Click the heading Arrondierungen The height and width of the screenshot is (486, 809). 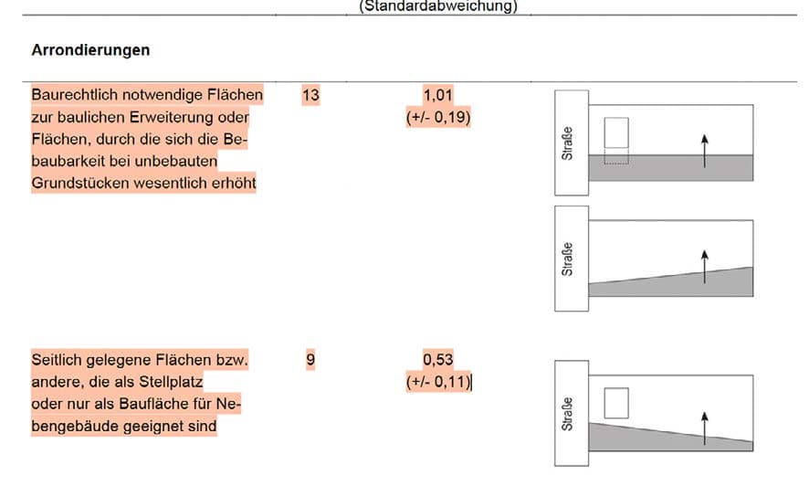[90, 50]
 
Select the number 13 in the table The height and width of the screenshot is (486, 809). [310, 95]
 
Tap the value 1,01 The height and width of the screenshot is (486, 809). [438, 95]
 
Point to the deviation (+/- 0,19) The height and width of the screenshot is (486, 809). [438, 117]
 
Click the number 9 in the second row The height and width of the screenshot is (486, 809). [310, 359]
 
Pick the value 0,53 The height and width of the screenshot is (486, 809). [438, 359]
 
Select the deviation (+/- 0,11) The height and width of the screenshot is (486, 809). [438, 381]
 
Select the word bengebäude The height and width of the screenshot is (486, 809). [77, 426]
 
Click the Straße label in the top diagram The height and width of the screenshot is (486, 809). [568, 143]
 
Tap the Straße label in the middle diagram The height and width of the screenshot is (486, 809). [568, 259]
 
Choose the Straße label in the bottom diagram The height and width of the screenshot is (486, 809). [568, 414]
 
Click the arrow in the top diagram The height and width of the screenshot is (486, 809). [705, 151]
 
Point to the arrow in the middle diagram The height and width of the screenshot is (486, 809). [705, 267]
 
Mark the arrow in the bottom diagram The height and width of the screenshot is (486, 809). [705, 428]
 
